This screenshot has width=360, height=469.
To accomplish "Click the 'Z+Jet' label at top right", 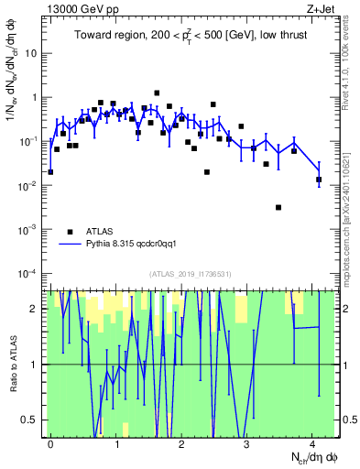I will (318, 7).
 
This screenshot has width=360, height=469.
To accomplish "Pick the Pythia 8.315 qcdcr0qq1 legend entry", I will (133, 245).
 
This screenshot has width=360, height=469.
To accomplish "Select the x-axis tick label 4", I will (312, 444).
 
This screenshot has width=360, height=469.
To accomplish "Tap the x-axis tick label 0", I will (50, 444).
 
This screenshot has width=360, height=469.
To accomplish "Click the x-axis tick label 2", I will (181, 444).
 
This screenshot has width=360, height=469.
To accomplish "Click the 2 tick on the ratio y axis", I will (36, 309).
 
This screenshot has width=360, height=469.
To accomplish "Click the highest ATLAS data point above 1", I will (158, 93).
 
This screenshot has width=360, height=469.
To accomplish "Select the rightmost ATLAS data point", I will (319, 180).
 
